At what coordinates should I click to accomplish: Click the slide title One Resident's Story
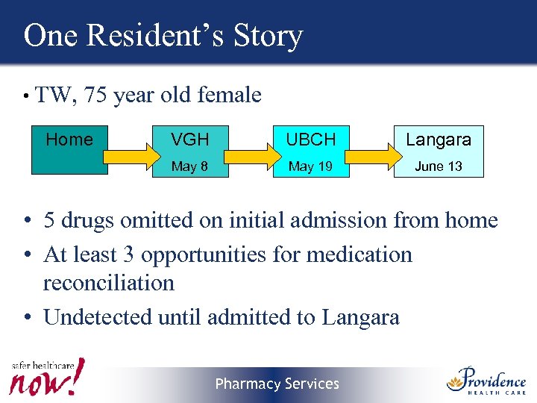tap(163, 35)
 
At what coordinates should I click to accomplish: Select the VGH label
tap(189, 140)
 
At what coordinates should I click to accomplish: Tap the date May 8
tap(189, 166)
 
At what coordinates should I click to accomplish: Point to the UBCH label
tap(311, 140)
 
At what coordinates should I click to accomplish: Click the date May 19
tap(310, 166)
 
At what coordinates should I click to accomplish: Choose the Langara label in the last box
tap(439, 140)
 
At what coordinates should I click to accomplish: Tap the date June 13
tap(439, 166)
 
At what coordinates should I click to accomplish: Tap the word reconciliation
tap(109, 283)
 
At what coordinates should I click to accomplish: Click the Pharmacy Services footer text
tap(277, 384)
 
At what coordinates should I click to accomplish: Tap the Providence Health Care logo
tap(486, 380)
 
